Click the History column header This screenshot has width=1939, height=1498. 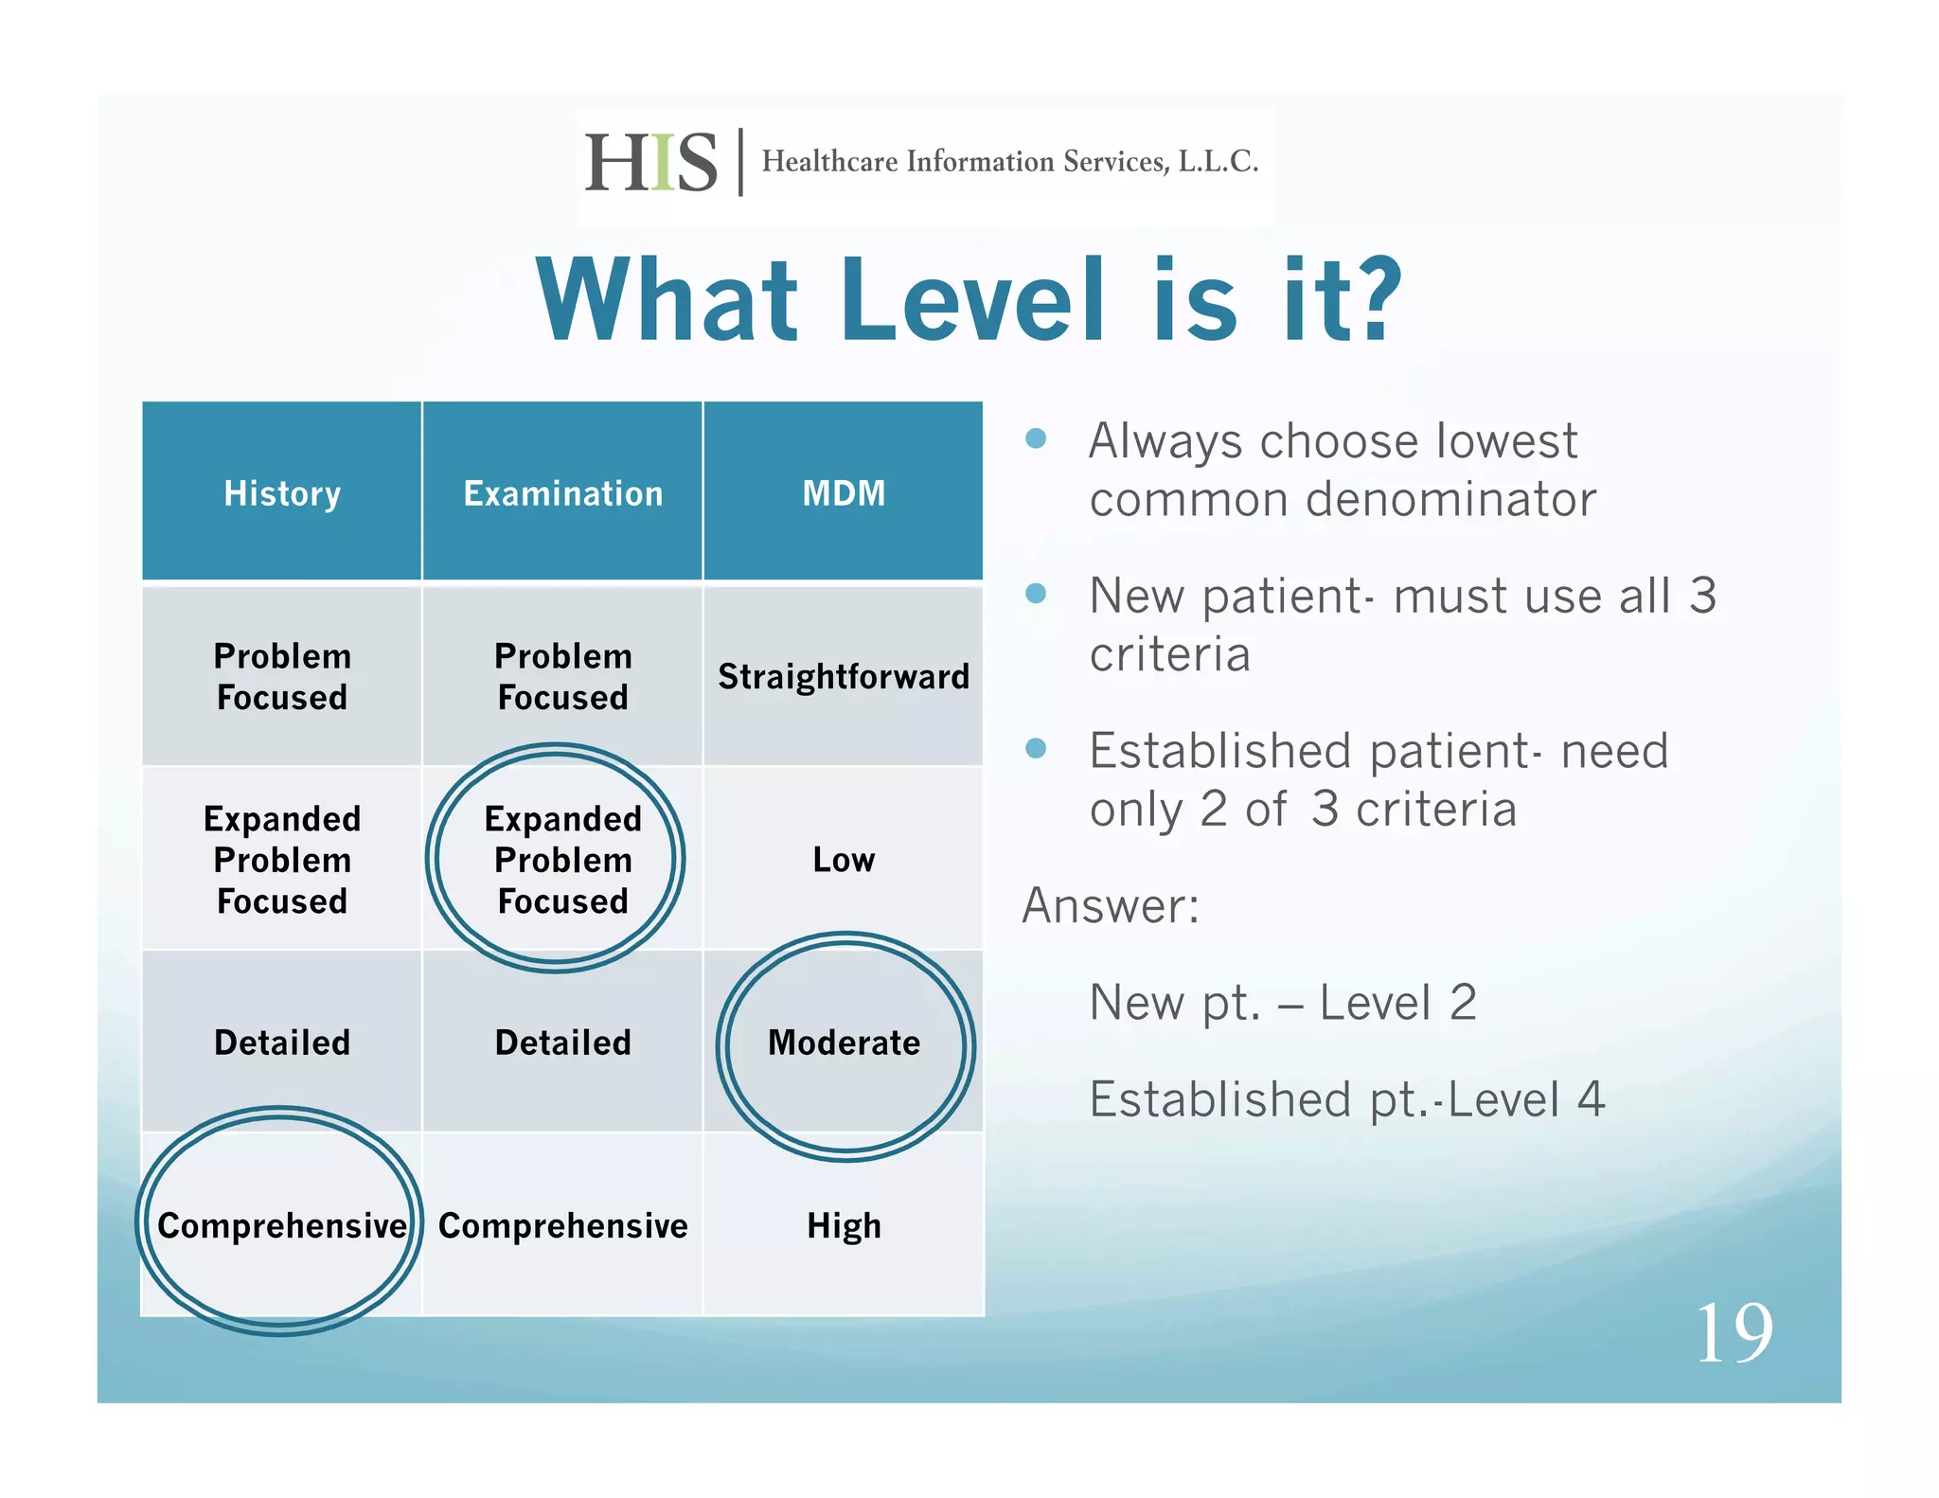(x=281, y=493)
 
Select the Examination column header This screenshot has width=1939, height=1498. (x=562, y=493)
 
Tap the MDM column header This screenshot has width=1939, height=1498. (x=844, y=493)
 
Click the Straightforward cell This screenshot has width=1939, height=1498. (x=844, y=676)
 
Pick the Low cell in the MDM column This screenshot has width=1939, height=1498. (x=844, y=859)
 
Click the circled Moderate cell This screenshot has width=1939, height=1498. (x=844, y=1043)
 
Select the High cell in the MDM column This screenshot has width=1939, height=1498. (x=844, y=1225)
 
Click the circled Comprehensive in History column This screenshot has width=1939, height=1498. (x=281, y=1225)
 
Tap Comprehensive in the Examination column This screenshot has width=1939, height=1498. (x=562, y=1225)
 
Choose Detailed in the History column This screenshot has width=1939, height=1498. (x=281, y=1043)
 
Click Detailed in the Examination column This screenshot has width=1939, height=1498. (x=562, y=1043)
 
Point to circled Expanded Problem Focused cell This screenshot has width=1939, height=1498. (x=562, y=859)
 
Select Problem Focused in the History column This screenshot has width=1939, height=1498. (x=281, y=676)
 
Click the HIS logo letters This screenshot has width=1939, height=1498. (x=651, y=163)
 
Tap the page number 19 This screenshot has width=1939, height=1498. (x=1734, y=1333)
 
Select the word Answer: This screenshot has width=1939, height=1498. (x=1111, y=905)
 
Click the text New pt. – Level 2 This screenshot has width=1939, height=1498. (x=1282, y=1002)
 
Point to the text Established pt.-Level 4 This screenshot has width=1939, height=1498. (x=1346, y=1099)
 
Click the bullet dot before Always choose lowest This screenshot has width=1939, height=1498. (x=1036, y=438)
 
